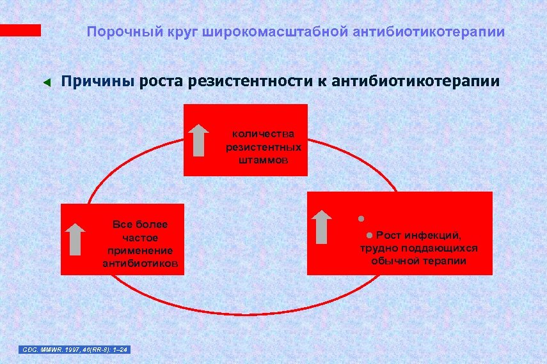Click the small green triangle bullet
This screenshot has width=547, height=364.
coord(45,82)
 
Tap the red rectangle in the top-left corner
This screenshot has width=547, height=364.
coord(20,30)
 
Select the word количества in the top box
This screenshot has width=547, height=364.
coord(264,133)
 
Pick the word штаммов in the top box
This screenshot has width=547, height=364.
coord(264,160)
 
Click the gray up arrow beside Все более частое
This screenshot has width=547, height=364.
coord(76,239)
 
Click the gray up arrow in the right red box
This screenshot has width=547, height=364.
coord(322,226)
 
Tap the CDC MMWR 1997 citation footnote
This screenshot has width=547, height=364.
coord(75,349)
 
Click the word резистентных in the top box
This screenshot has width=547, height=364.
coord(264,147)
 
